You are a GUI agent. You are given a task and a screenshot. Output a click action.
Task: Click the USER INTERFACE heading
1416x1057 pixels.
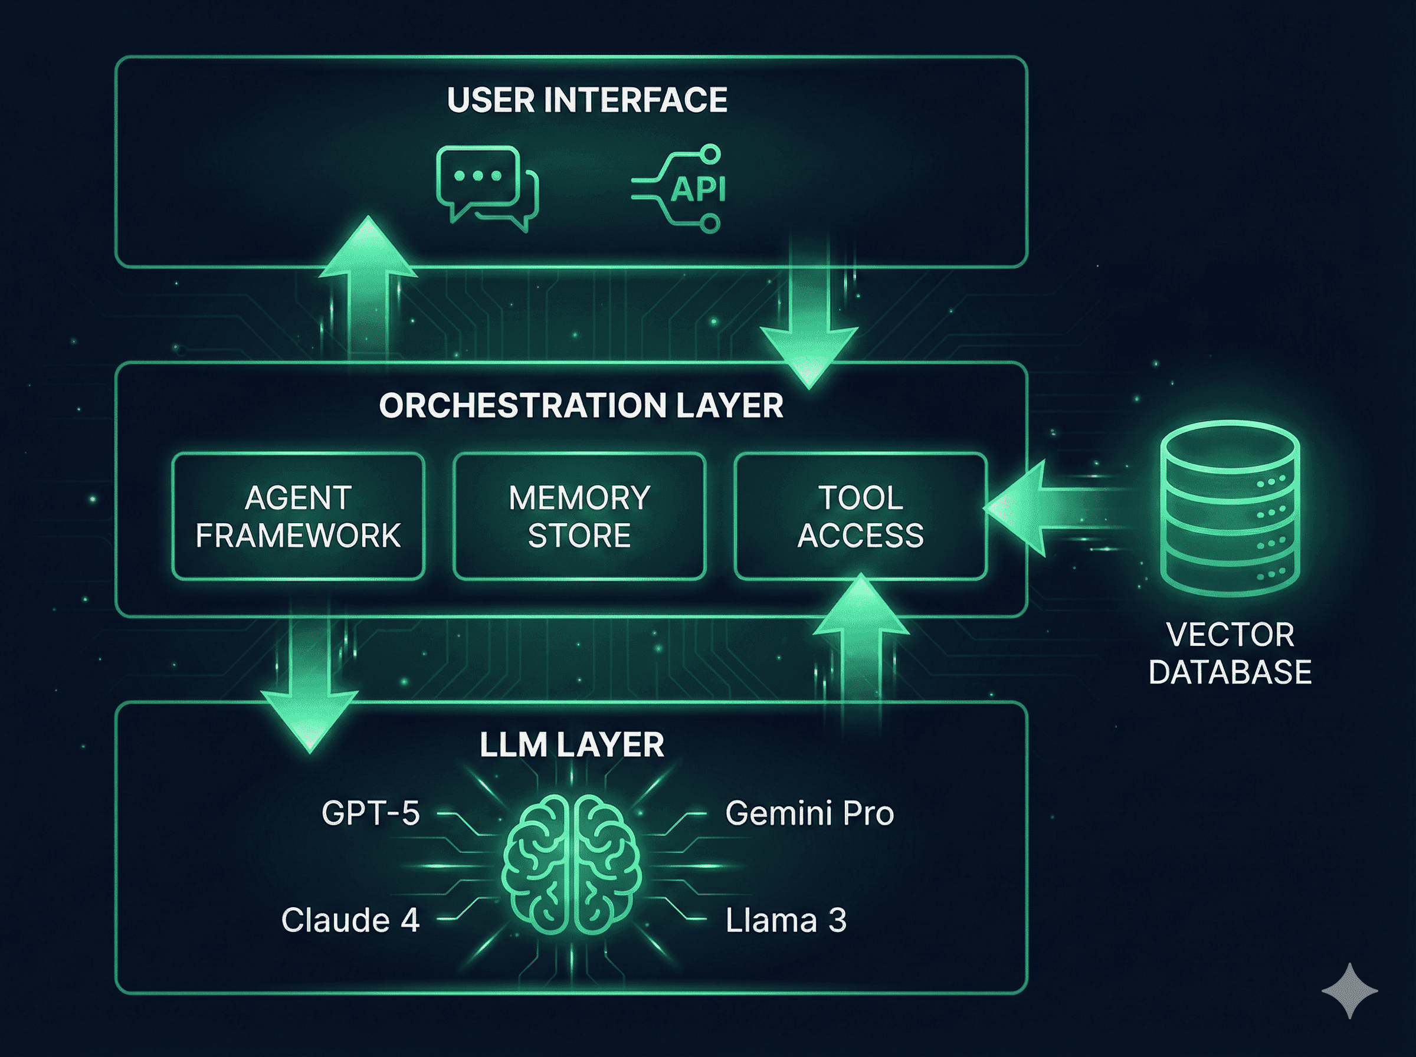[586, 100]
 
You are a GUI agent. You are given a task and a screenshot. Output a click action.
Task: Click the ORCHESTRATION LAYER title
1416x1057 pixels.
[581, 406]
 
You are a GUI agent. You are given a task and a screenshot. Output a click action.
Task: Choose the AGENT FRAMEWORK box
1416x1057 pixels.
[298, 516]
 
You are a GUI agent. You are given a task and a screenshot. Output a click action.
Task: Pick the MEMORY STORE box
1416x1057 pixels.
[579, 516]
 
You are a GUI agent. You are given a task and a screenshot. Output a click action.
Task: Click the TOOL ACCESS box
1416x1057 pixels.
[860, 516]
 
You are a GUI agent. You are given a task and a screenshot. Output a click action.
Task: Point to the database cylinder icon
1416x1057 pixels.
[1230, 508]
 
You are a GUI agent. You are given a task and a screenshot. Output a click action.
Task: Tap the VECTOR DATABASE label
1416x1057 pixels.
[1230, 654]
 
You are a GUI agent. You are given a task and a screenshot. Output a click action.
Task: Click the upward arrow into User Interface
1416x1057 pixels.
[368, 288]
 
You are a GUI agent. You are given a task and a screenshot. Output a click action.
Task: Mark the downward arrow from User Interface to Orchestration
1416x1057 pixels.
[809, 320]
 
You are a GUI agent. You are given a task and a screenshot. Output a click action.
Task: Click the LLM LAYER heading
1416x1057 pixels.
[571, 745]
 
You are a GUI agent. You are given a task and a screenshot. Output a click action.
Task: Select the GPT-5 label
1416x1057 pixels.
[371, 814]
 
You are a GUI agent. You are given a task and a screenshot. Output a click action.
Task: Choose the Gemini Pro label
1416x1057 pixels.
[809, 814]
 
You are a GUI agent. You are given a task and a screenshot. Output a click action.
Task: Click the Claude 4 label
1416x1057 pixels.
[350, 921]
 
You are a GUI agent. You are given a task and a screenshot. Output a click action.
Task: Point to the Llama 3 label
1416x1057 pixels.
[786, 921]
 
